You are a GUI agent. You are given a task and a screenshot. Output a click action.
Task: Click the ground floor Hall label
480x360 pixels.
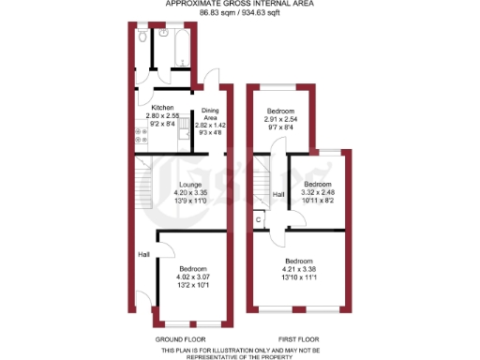pos(143,254)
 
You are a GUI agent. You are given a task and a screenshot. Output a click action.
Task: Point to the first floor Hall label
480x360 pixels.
pos(278,195)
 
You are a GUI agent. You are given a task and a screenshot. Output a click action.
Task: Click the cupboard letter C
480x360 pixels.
pos(258,219)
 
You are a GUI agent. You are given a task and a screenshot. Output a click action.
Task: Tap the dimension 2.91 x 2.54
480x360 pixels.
pos(281,121)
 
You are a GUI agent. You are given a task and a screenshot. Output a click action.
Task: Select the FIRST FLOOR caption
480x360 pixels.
pos(299,337)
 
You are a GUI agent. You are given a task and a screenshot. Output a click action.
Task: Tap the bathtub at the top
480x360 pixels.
pos(175,41)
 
